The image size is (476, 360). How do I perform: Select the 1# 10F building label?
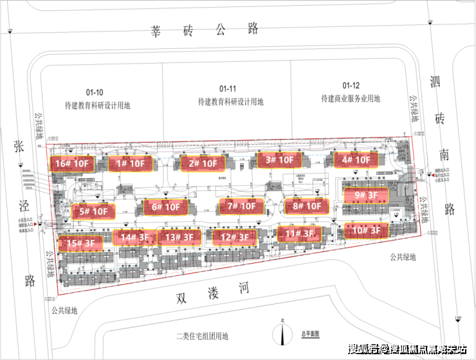pyautogui.click(x=129, y=163)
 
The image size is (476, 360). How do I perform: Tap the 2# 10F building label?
pyautogui.click(x=203, y=164)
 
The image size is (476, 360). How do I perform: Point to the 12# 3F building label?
pyautogui.click(x=235, y=237)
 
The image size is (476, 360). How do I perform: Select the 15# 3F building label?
pyautogui.click(x=80, y=243)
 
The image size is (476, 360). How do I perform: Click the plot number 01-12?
pyautogui.click(x=351, y=85)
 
